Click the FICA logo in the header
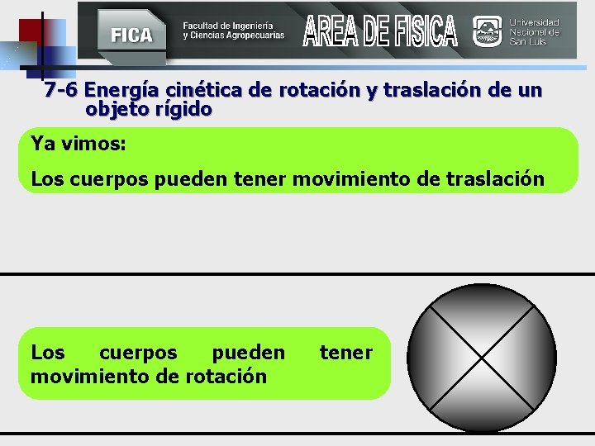(131, 34)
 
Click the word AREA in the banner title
(331, 31)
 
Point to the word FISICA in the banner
(424, 31)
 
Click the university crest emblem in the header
(487, 32)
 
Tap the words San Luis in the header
(529, 42)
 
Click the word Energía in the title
(123, 90)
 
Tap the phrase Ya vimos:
(78, 144)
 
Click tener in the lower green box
(346, 353)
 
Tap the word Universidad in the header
(534, 22)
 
